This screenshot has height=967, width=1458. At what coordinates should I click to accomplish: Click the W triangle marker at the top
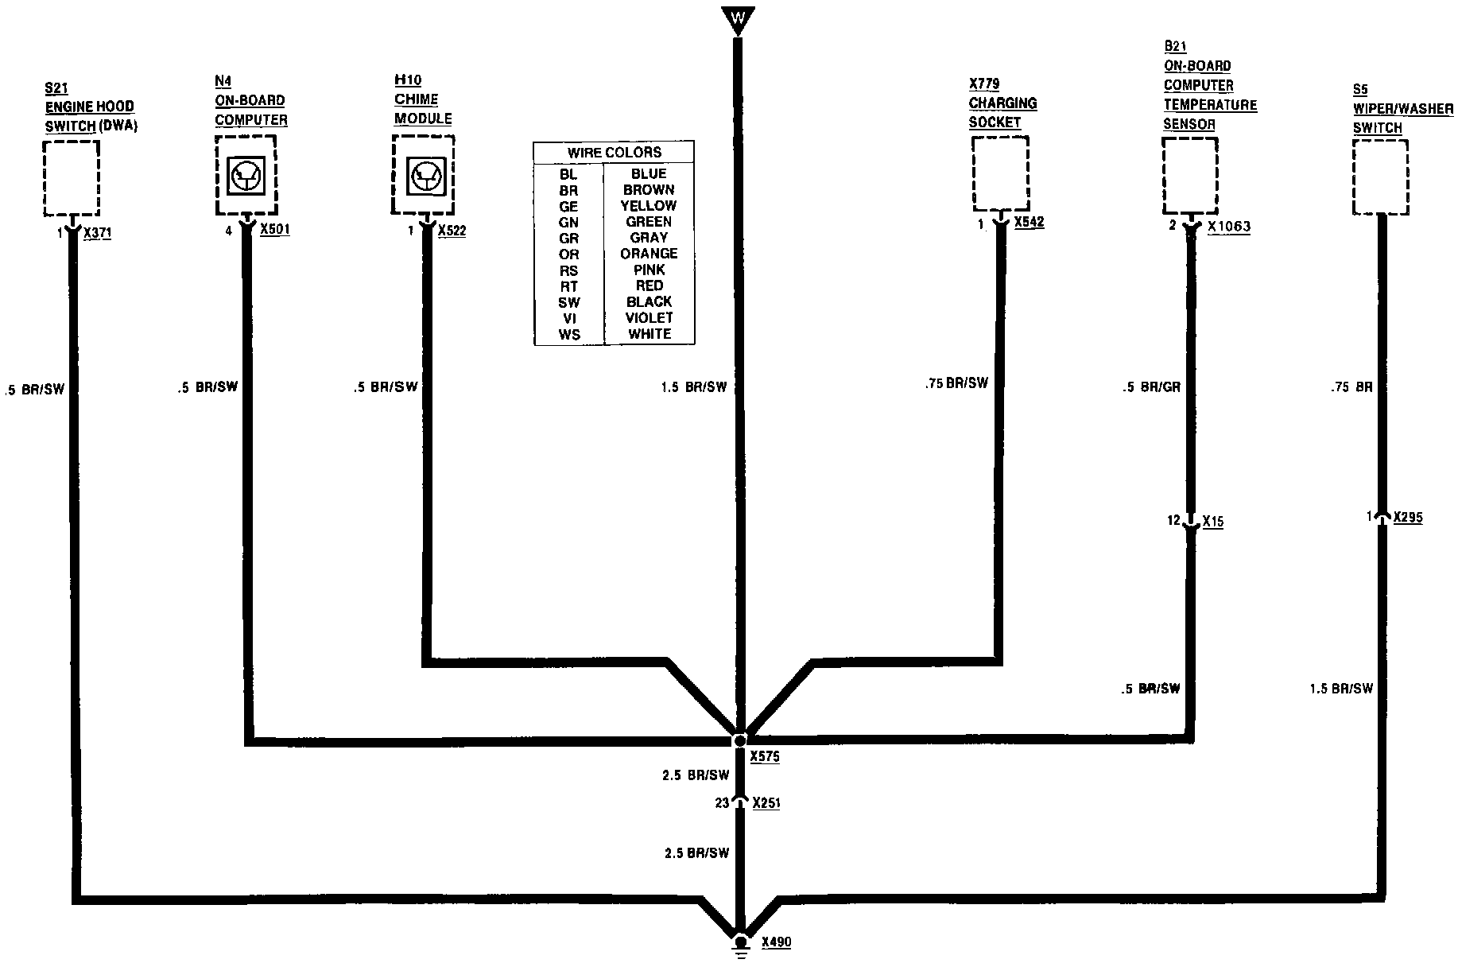tap(738, 18)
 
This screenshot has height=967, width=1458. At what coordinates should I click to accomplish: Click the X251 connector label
tap(766, 803)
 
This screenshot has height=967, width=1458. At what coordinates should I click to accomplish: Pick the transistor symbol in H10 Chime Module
tap(423, 176)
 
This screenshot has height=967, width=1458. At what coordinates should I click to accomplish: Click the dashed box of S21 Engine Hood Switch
tap(72, 178)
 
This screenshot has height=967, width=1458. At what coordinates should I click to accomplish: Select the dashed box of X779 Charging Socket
tap(1000, 173)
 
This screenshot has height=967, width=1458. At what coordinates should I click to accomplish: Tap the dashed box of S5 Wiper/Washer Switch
tap(1381, 177)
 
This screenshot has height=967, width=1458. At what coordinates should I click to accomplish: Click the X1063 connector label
tap(1228, 227)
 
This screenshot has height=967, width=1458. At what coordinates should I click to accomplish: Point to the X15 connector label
tap(1212, 522)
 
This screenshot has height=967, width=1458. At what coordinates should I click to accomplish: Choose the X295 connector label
tap(1408, 517)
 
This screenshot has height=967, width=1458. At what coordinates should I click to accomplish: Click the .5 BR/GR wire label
tap(1151, 387)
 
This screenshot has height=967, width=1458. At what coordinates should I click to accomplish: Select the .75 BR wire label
tap(1351, 387)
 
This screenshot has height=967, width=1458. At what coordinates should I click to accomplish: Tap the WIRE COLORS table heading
tap(614, 152)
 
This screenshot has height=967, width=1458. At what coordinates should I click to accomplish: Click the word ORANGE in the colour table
tap(649, 254)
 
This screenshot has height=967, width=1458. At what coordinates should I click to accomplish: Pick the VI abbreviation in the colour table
tap(568, 318)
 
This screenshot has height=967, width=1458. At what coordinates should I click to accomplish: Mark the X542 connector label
tap(1030, 222)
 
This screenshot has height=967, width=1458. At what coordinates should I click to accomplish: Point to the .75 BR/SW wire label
tap(956, 383)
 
